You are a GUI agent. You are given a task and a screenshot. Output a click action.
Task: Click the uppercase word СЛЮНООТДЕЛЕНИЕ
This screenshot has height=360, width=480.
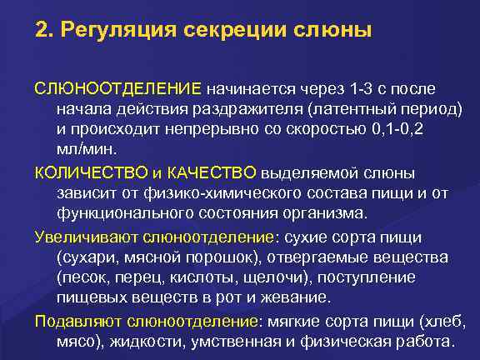(117, 87)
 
